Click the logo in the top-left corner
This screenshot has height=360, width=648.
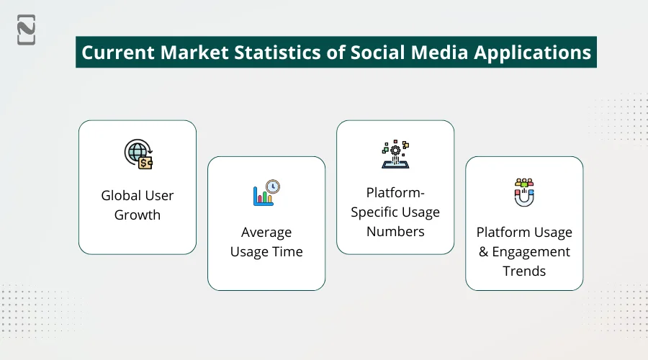click(27, 30)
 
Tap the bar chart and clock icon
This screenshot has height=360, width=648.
click(266, 192)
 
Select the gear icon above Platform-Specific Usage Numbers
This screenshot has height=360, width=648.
click(395, 153)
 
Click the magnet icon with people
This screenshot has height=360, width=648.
click(524, 192)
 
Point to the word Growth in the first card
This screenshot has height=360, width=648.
click(138, 215)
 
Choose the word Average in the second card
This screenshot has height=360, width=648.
click(266, 233)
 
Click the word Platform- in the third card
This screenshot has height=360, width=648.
click(395, 193)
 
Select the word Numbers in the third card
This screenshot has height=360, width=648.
click(395, 231)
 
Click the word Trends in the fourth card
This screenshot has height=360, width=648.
click(524, 271)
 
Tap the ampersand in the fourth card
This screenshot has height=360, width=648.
click(482, 252)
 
